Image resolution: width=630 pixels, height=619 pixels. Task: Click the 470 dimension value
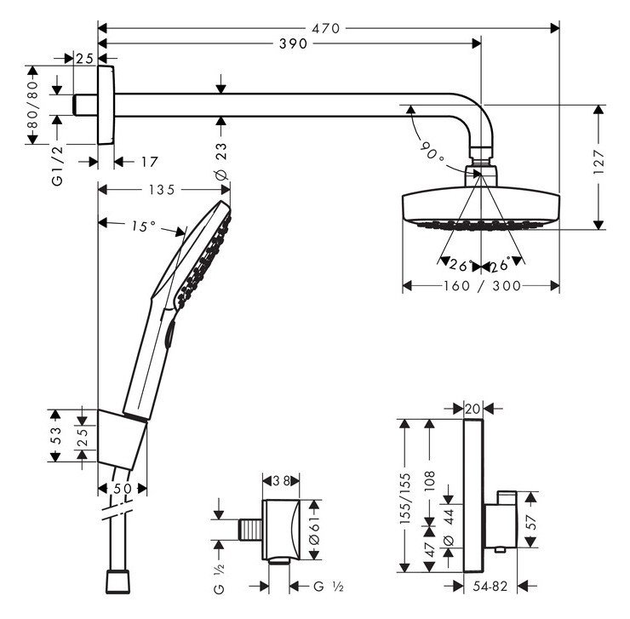[325, 28]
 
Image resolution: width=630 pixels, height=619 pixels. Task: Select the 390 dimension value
[292, 44]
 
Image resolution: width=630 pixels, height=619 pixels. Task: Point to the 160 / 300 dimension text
[481, 286]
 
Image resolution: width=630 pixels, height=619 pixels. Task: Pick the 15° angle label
[142, 226]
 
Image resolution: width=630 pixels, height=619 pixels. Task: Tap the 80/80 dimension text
[33, 103]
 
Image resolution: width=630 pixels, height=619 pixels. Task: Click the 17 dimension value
[149, 161]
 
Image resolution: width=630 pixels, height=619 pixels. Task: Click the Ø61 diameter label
[313, 530]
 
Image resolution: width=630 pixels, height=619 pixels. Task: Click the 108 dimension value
[431, 482]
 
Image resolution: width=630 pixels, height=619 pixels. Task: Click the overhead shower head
[480, 209]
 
